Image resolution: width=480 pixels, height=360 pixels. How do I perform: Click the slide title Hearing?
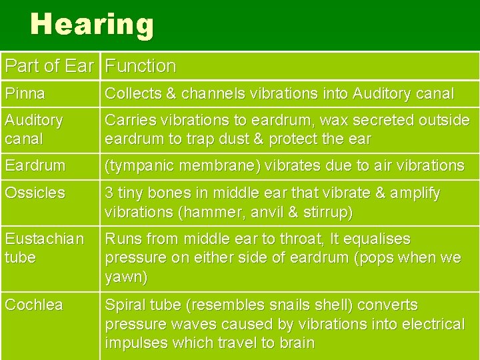click(x=92, y=25)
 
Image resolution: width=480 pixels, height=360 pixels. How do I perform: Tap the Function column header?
click(x=141, y=66)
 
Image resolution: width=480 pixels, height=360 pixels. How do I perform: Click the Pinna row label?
click(x=22, y=94)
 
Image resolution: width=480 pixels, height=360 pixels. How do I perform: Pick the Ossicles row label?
click(x=35, y=193)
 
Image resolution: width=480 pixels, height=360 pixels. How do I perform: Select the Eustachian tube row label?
click(x=44, y=248)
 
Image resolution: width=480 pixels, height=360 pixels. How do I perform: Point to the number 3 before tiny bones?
click(x=110, y=193)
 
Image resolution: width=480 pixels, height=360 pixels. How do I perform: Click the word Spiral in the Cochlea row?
click(x=125, y=305)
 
